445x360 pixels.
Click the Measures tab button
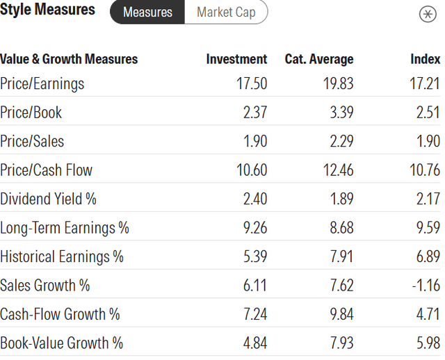147,13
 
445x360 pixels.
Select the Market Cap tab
226,13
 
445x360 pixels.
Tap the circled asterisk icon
428,15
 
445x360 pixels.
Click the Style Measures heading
48,10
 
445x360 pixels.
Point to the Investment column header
236,59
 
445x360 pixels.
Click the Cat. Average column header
319,59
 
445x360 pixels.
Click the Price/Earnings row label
42,84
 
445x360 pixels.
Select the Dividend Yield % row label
49,199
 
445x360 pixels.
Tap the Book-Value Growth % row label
61,343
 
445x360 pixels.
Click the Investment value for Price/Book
253,113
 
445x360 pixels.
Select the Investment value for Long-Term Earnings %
253,228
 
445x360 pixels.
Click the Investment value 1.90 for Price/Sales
254,142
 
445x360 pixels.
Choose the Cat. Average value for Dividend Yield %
340,199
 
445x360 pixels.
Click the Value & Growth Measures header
69,59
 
